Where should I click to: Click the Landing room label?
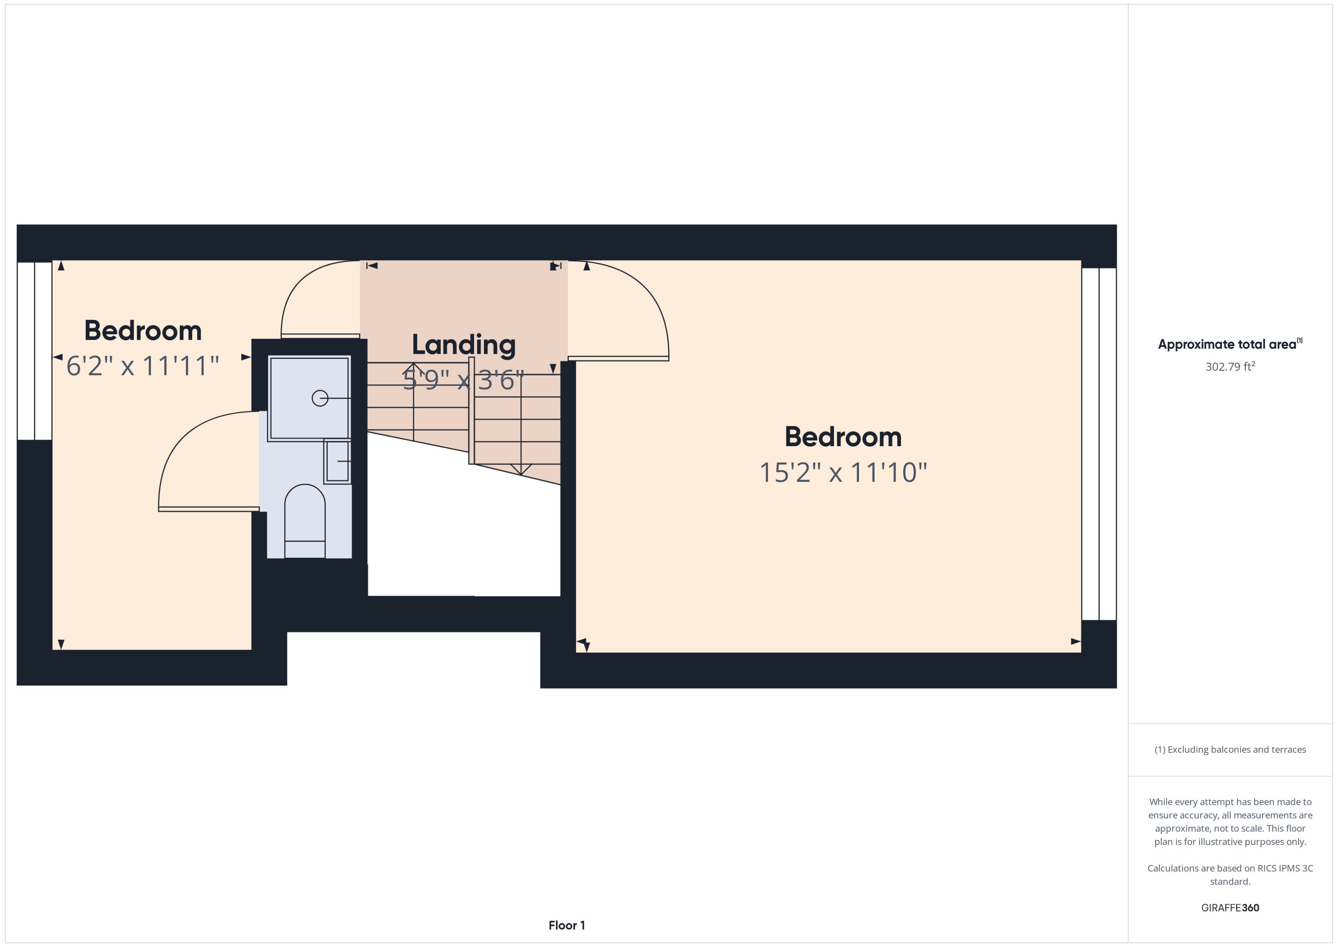coord(463,344)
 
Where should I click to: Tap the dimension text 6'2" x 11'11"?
coord(142,366)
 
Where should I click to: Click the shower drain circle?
coord(320,398)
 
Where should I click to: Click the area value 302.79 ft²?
coord(1229,367)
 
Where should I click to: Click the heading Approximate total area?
coord(1227,344)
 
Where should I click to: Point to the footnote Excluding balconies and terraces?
coord(1229,750)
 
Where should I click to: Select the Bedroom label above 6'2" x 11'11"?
coord(143,331)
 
